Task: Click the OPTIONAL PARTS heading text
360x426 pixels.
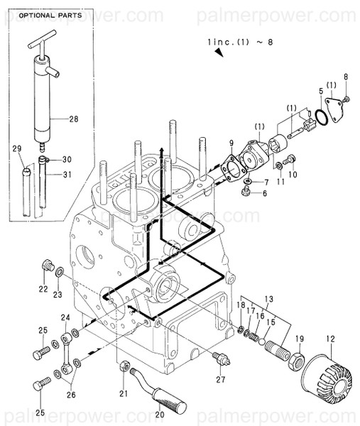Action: tap(49, 15)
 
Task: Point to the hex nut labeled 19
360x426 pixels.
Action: tap(298, 359)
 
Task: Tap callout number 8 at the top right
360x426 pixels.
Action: tap(346, 76)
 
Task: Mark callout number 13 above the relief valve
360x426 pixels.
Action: tap(268, 298)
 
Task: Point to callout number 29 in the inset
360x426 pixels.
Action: tap(17, 148)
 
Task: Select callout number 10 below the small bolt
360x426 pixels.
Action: tap(292, 174)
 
